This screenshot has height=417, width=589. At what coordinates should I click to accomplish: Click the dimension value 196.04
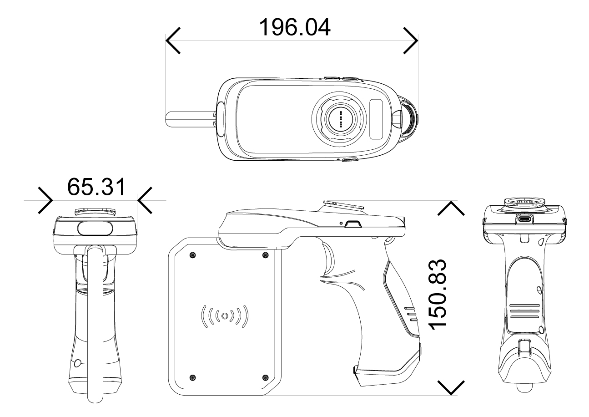point(295,28)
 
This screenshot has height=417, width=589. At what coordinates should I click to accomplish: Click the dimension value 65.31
point(96,187)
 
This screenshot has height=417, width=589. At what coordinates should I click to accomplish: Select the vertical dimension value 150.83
point(439,296)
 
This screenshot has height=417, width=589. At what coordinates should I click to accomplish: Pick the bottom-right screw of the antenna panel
point(266,376)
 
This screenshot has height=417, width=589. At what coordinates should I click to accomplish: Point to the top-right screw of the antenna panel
point(266,254)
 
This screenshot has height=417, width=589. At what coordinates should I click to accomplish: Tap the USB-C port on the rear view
point(524,219)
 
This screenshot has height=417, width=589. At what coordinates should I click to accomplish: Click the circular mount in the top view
point(340,120)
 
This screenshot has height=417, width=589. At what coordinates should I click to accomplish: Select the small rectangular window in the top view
point(377,119)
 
